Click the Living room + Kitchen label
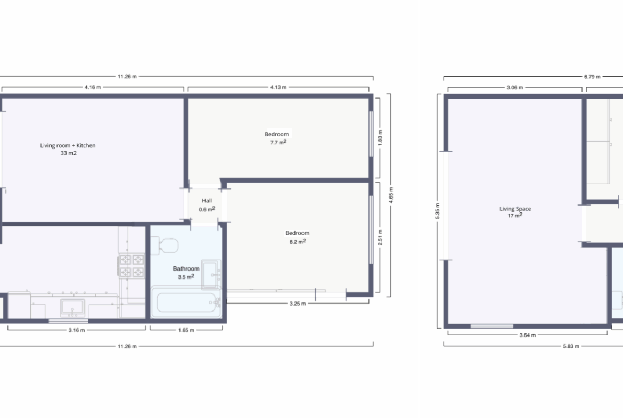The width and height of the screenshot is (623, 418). coord(68,145)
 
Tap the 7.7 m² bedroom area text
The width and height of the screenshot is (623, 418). coord(278,142)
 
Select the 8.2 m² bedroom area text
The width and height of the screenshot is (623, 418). coord(298,241)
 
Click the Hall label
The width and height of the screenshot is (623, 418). coord(207,201)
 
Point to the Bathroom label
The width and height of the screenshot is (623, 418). coord(186,268)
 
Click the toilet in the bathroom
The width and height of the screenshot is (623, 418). coord(165,245)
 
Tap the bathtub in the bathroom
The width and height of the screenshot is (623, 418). coord(186,302)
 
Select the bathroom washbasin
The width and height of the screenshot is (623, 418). coord(211,274)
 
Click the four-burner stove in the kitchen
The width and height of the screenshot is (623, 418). coord(132,266)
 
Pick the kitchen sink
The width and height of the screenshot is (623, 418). coord(72,308)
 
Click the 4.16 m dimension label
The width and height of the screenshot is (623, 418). coord(93,87)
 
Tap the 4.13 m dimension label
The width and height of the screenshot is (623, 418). coord(278,87)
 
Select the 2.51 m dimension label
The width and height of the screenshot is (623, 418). coord(380,237)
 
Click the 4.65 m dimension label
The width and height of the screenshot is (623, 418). coord(391,195)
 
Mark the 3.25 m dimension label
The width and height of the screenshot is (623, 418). coord(298,304)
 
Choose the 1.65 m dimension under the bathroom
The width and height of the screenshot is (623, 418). coord(186,330)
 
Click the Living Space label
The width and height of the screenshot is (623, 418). coord(515,209)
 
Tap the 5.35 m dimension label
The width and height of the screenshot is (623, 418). coord(438,211)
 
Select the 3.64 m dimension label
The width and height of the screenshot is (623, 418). coord(527,335)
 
